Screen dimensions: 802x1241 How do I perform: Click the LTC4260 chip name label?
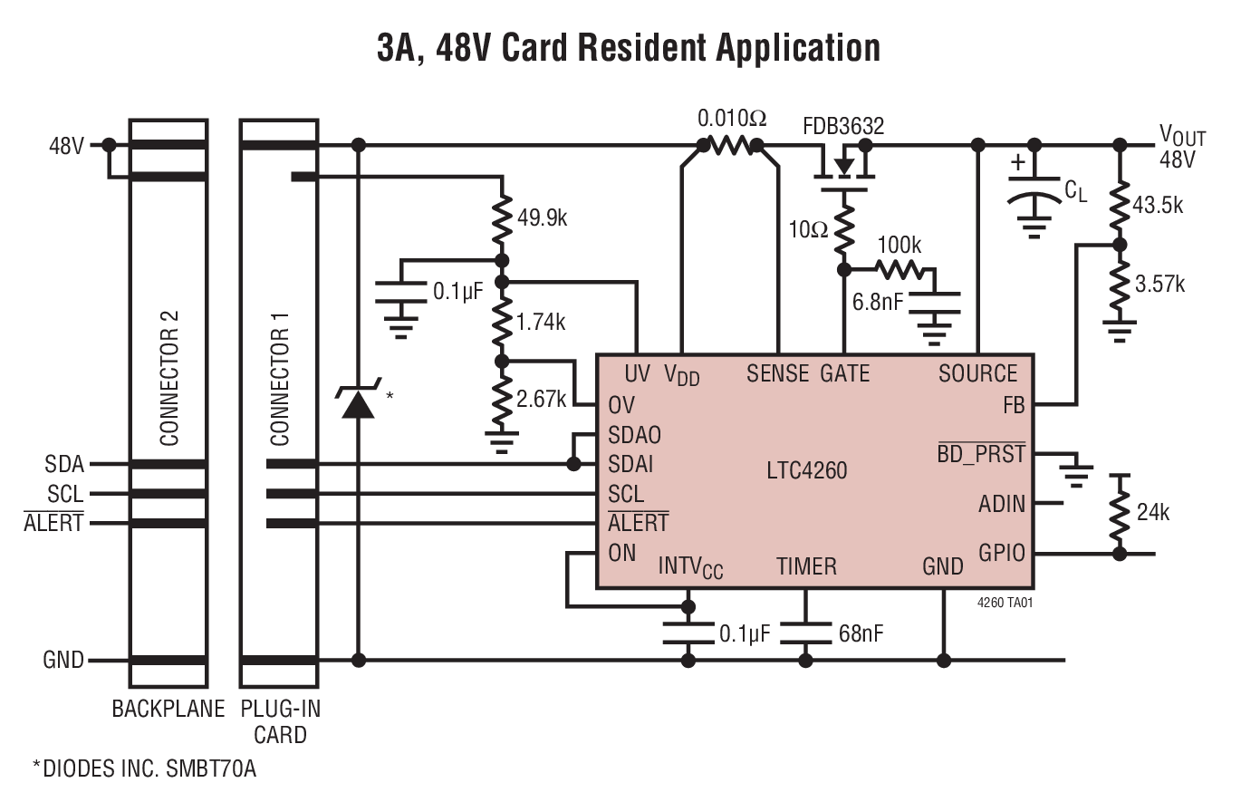pos(806,469)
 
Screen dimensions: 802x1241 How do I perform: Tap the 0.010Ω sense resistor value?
pos(731,118)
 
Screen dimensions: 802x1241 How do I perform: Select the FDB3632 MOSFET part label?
pos(842,125)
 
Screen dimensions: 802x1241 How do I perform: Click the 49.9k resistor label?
pos(542,218)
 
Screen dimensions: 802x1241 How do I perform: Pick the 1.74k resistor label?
pos(542,321)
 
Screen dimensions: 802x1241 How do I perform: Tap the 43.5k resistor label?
pos(1159,205)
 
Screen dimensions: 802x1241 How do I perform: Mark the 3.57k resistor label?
pos(1159,284)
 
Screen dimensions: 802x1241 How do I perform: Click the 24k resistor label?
pos(1152,513)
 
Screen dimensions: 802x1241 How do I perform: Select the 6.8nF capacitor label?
pos(877,302)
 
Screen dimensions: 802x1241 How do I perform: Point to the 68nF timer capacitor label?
pos(861,633)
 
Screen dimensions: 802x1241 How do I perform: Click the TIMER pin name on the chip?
pos(806,566)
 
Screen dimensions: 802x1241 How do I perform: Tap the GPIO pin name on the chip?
pos(1002,553)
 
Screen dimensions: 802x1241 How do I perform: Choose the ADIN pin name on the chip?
pos(1002,503)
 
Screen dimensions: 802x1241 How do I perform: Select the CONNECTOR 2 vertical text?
pos(168,378)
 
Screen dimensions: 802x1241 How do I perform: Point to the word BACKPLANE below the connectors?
pos(168,709)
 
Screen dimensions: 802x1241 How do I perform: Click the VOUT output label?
pos(1181,137)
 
